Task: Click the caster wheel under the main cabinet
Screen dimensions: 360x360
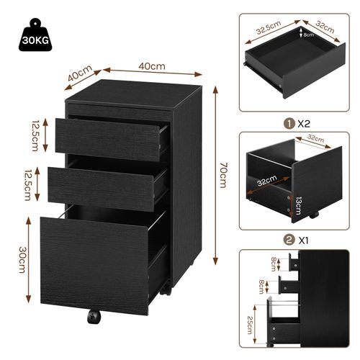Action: tap(93, 318)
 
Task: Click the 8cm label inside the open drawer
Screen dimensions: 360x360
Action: tap(308, 34)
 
